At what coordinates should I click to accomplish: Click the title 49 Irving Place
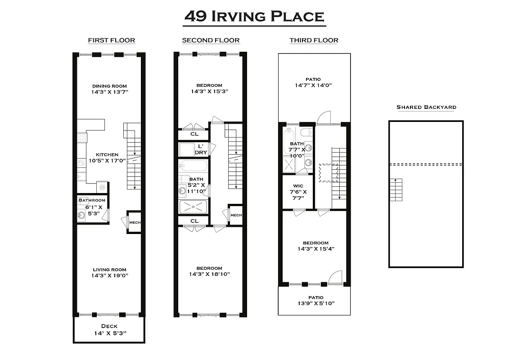(255, 17)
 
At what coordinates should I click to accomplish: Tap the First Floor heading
(111, 40)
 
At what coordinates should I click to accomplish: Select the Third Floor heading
(314, 40)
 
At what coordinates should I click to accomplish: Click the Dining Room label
(109, 86)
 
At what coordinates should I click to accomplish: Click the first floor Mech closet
(135, 222)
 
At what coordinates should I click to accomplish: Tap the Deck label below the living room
(109, 326)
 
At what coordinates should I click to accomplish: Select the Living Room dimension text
(109, 275)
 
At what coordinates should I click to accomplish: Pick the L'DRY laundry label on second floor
(200, 149)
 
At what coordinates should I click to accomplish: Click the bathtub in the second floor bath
(193, 166)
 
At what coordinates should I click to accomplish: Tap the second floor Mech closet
(236, 216)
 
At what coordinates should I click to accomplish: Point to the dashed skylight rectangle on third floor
(329, 173)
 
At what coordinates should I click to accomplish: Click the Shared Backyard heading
(426, 107)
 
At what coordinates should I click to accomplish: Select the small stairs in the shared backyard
(396, 190)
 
